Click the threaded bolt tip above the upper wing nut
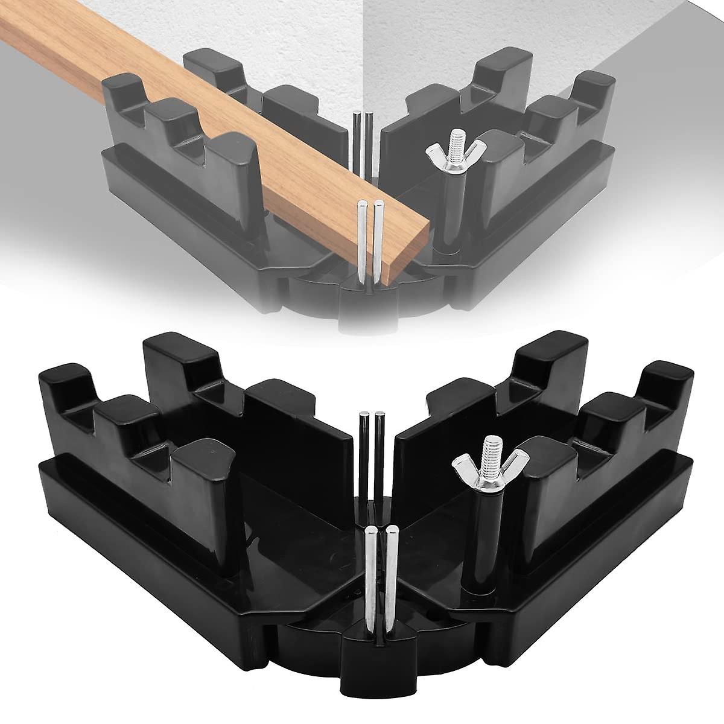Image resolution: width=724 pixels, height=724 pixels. click(447, 144)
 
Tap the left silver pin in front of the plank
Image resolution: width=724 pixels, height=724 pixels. click(361, 241)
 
